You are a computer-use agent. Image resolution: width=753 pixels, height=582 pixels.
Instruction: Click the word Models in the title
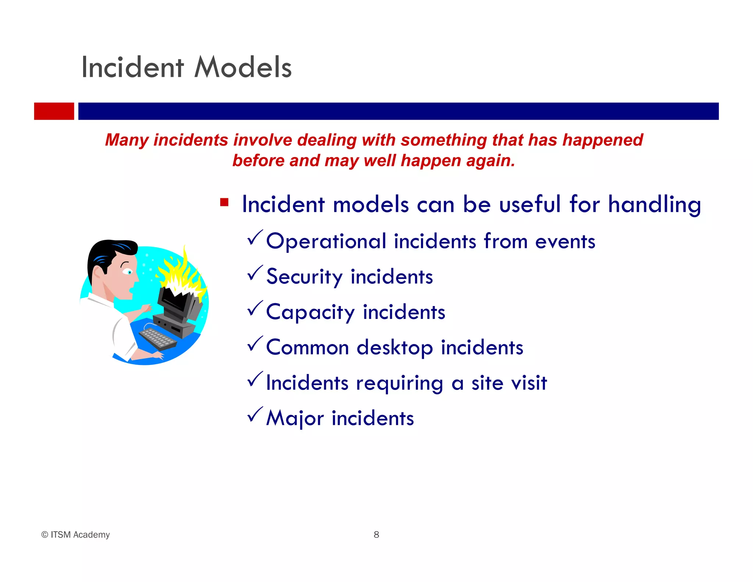click(x=243, y=68)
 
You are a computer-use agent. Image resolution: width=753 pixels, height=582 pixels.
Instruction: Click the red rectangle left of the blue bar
click(x=54, y=111)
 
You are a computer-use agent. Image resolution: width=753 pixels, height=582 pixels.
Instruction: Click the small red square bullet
click(x=224, y=202)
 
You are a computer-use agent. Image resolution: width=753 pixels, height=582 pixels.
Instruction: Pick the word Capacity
click(x=310, y=312)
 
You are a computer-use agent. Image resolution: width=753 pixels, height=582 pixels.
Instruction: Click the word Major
click(x=295, y=418)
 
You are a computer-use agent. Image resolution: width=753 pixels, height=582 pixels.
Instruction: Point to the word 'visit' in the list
click(x=529, y=383)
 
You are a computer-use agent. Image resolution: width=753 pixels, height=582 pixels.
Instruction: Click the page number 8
click(x=376, y=535)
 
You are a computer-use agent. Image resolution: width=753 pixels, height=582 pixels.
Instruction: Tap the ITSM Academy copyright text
click(x=75, y=535)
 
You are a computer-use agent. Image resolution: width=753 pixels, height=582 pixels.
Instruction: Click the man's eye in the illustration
click(x=128, y=272)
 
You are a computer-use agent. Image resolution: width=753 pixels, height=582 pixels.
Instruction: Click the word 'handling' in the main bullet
click(x=654, y=205)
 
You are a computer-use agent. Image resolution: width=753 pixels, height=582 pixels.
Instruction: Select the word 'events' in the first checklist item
click(x=565, y=242)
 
